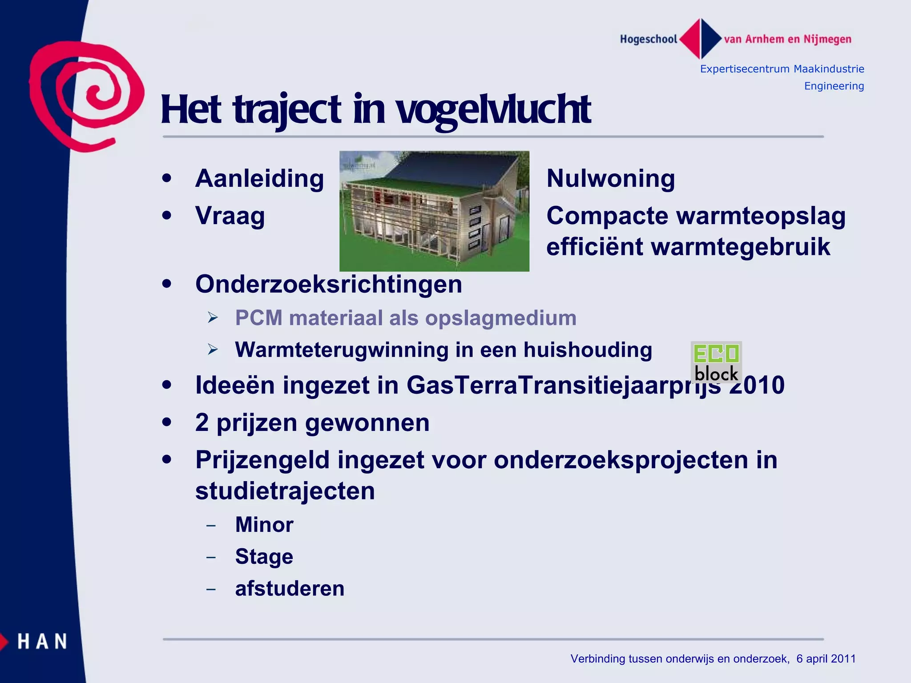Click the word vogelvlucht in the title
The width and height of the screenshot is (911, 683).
(493, 109)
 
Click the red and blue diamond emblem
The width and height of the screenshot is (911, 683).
(701, 39)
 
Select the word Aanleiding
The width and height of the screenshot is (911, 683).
(259, 179)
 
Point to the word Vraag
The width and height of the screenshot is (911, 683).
(230, 216)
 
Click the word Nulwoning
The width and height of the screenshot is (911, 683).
(610, 179)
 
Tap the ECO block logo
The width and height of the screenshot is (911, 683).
(716, 362)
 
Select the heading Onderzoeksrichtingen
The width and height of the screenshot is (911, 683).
(329, 284)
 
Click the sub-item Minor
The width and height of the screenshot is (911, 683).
(264, 525)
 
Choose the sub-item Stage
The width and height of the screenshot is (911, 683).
(264, 557)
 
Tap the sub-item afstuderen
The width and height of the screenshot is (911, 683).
(290, 589)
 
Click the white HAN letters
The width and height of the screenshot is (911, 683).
(42, 642)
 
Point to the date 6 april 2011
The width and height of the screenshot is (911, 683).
(826, 659)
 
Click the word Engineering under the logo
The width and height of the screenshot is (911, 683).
(834, 86)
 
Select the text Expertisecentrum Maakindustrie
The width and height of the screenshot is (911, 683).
(782, 69)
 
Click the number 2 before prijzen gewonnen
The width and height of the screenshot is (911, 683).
(202, 422)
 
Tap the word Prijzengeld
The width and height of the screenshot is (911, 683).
(262, 460)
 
